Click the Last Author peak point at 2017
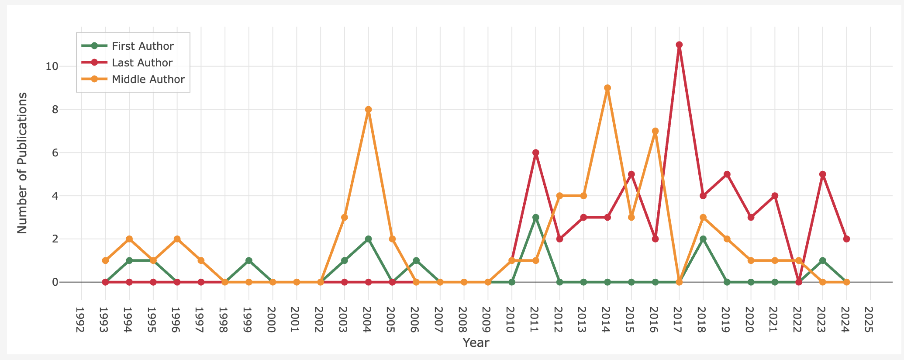(679, 45)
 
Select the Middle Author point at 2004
(368, 110)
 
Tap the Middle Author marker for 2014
(607, 88)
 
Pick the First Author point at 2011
(536, 218)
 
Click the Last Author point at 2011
(536, 153)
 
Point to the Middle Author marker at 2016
(655, 131)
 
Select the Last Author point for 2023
(823, 174)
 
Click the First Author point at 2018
(703, 239)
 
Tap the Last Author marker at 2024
(846, 239)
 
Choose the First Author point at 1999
(249, 260)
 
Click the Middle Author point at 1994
(129, 239)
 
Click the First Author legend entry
(142, 46)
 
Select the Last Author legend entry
(142, 63)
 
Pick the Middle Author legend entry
(148, 80)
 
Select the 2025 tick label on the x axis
(870, 320)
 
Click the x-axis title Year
(476, 343)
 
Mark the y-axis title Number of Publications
(23, 163)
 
